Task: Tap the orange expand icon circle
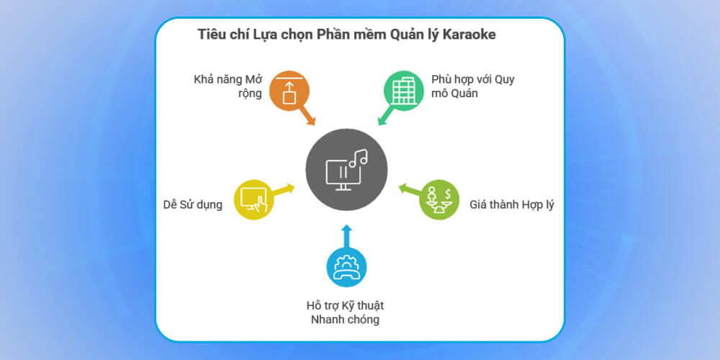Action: click(289, 89)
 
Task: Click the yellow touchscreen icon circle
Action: click(253, 199)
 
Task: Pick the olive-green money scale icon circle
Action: click(439, 199)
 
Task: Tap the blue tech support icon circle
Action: click(346, 267)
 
